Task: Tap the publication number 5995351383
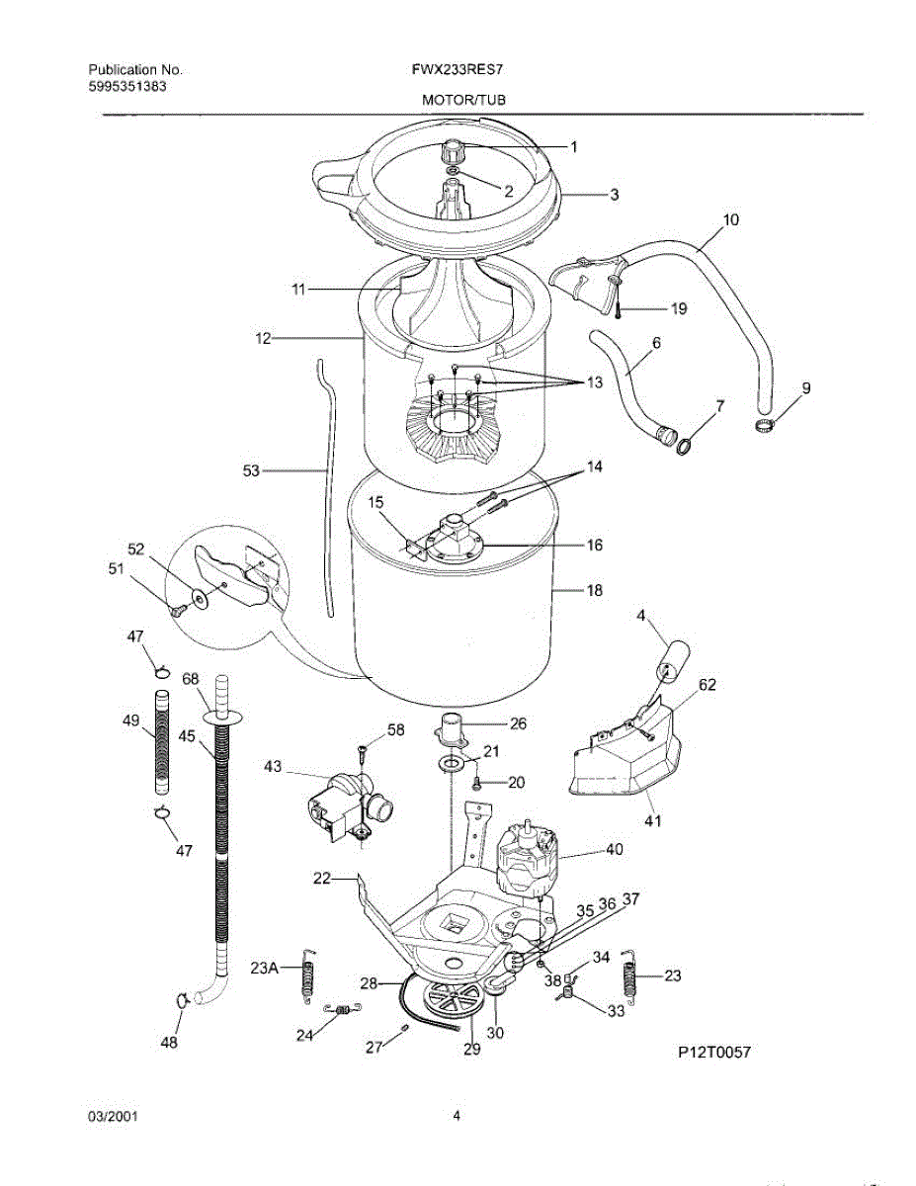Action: (127, 86)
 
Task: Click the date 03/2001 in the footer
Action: (113, 1117)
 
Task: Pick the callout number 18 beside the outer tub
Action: (594, 591)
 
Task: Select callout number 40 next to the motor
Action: (615, 849)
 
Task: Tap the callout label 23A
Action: (264, 968)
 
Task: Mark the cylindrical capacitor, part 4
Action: (673, 658)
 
